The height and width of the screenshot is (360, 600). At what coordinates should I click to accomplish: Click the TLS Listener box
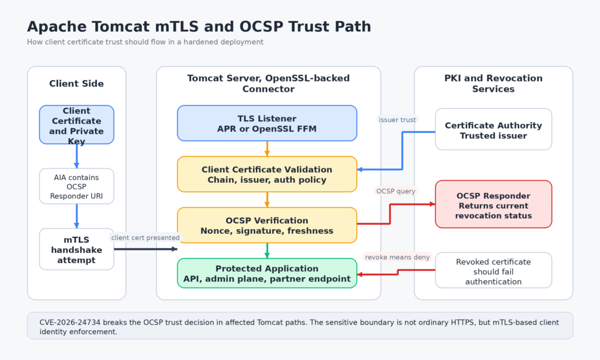[x=267, y=123]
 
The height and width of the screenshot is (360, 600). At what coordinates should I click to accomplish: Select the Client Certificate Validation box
[x=267, y=174]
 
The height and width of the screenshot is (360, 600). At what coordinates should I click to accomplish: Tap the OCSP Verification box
[x=267, y=225]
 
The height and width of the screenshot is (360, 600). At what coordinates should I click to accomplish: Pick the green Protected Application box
[x=267, y=273]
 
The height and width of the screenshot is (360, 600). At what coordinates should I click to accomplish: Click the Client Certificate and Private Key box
[x=77, y=125]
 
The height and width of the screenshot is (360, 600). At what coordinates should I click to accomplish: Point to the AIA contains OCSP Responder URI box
[x=77, y=186]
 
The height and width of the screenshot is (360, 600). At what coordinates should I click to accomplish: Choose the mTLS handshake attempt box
[x=77, y=249]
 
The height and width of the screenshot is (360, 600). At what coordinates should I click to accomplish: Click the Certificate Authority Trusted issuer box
[x=493, y=129]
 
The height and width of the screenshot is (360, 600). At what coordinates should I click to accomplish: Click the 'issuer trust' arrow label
[x=397, y=120]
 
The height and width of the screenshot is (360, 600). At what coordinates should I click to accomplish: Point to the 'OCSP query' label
[x=396, y=191]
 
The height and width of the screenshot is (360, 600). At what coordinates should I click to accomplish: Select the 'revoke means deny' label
[x=397, y=257]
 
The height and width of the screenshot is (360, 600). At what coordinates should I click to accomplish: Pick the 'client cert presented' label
[x=145, y=237]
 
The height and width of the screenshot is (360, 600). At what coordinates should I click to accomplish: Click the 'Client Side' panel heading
[x=77, y=84]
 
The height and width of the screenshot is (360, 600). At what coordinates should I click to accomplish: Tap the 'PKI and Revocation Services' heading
[x=493, y=83]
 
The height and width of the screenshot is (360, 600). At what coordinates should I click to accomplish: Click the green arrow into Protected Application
[x=267, y=251]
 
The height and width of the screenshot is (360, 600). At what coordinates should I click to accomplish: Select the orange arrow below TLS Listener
[x=267, y=148]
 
